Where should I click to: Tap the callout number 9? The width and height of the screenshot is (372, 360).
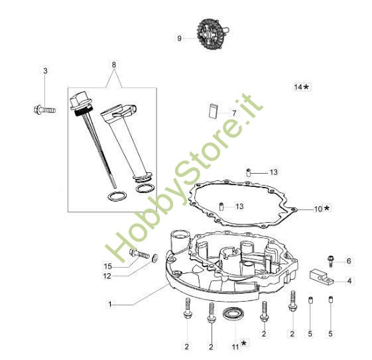coord(179,38)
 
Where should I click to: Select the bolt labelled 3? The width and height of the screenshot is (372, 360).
coord(44,110)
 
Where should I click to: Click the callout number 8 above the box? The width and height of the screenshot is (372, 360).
coord(114,64)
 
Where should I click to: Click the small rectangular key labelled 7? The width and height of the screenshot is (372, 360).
coord(213,110)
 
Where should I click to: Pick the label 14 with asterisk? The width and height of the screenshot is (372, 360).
coord(302,87)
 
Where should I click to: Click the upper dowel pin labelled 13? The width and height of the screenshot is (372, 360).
coord(249,172)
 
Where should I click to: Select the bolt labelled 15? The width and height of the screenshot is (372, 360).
coord(139,254)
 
